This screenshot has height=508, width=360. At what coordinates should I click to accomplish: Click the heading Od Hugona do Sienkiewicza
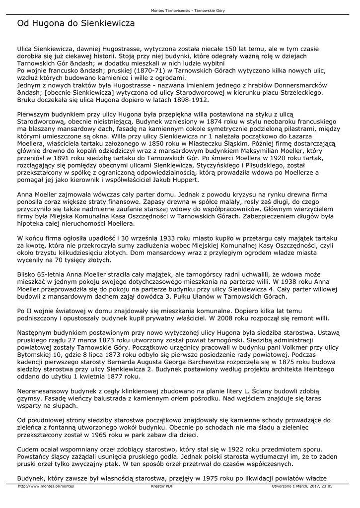click(x=76, y=23)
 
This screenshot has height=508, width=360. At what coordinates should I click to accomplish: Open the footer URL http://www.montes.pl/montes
click(x=46, y=487)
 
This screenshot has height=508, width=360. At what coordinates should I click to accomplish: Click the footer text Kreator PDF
click(x=162, y=487)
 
